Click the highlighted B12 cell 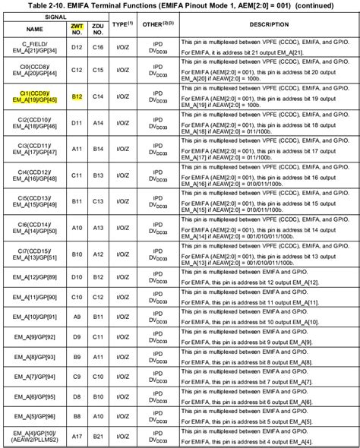tap(77, 96)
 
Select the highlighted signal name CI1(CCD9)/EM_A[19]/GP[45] tap(34, 96)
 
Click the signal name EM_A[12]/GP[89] tap(34, 277)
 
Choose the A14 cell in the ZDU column tap(97, 121)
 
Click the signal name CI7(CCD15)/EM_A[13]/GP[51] tap(34, 254)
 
